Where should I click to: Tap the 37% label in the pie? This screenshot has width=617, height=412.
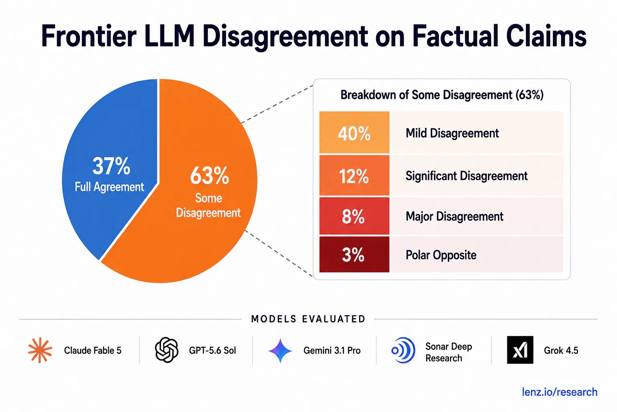pyautogui.click(x=111, y=166)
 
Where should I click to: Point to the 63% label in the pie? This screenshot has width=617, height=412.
pyautogui.click(x=209, y=175)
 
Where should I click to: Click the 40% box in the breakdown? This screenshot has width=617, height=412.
pyautogui.click(x=354, y=132)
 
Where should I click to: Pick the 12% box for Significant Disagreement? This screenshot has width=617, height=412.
pyautogui.click(x=354, y=175)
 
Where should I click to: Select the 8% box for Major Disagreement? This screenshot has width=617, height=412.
pyautogui.click(x=354, y=216)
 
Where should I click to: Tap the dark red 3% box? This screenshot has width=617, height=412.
pyautogui.click(x=354, y=254)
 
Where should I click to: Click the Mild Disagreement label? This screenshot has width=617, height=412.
pyautogui.click(x=452, y=133)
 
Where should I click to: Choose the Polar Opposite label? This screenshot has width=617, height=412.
pyautogui.click(x=441, y=255)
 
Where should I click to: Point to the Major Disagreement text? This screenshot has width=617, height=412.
pyautogui.click(x=454, y=216)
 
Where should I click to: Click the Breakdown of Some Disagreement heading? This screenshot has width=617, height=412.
pyautogui.click(x=442, y=95)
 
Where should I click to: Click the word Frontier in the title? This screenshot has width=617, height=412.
pyautogui.click(x=89, y=36)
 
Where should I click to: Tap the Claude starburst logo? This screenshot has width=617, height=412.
pyautogui.click(x=40, y=350)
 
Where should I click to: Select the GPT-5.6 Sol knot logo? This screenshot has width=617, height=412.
pyautogui.click(x=167, y=350)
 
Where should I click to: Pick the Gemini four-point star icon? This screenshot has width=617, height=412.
pyautogui.click(x=280, y=350)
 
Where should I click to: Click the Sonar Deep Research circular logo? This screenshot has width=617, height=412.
pyautogui.click(x=403, y=350)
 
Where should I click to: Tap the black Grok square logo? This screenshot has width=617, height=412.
pyautogui.click(x=520, y=350)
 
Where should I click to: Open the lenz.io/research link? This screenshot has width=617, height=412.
pyautogui.click(x=560, y=392)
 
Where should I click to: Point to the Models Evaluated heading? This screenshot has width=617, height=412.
pyautogui.click(x=308, y=319)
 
